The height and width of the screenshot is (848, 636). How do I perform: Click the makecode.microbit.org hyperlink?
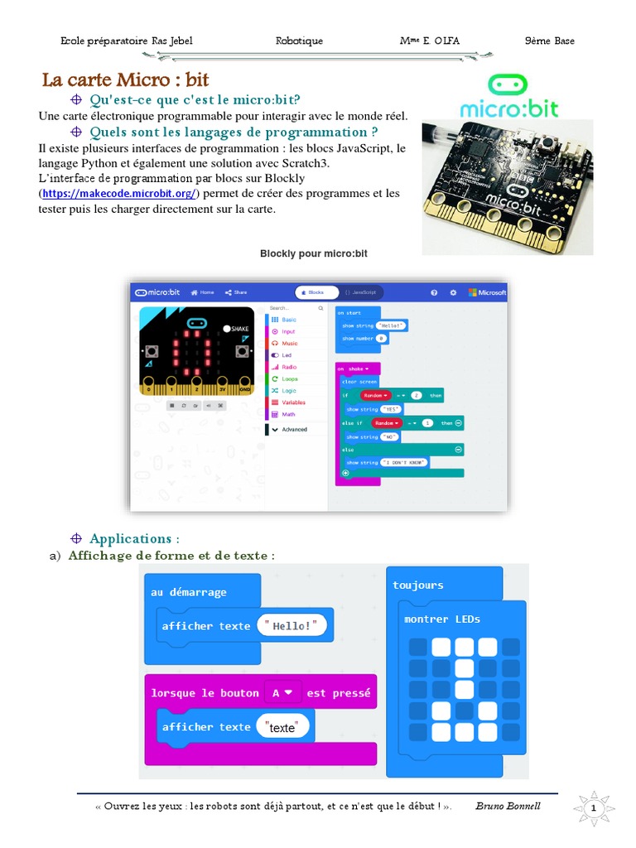tap(119, 194)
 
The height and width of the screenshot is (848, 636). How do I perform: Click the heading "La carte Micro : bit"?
tap(126, 80)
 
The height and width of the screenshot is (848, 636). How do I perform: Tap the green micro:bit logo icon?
tap(508, 84)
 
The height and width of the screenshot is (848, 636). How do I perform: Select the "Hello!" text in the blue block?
tap(292, 626)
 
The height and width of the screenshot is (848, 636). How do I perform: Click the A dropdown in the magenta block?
tap(281, 692)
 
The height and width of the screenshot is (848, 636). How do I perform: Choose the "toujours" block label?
tap(418, 585)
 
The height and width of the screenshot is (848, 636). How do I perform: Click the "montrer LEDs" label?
tap(442, 619)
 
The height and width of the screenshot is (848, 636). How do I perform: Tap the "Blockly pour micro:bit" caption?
tap(314, 253)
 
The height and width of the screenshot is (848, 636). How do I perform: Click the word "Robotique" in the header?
tap(299, 41)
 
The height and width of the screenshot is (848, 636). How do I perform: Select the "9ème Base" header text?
tap(549, 41)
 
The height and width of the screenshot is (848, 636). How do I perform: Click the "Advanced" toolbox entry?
tap(293, 429)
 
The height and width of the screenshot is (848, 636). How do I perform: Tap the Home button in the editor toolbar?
tap(202, 292)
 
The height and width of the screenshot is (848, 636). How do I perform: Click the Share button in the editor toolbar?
tap(236, 292)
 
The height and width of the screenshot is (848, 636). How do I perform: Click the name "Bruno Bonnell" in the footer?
tap(508, 806)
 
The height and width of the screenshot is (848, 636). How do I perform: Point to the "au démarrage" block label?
tap(189, 592)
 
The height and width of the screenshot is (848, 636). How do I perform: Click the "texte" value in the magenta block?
tap(282, 727)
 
